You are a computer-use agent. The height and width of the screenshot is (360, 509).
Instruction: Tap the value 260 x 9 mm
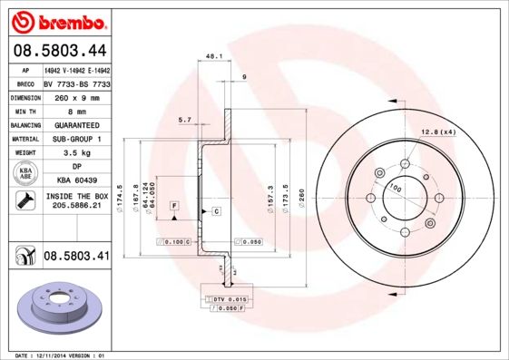(x=76, y=97)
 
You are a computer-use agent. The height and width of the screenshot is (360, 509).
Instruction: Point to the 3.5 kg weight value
(x=76, y=153)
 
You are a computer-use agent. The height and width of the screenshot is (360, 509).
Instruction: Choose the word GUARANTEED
(x=76, y=125)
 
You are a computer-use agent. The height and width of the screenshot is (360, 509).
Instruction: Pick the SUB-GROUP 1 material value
(x=76, y=139)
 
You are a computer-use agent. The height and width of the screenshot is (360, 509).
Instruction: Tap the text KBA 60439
(x=76, y=181)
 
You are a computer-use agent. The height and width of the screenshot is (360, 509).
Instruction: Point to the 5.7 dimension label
(x=184, y=120)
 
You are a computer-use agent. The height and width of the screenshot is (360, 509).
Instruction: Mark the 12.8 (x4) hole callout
(x=436, y=133)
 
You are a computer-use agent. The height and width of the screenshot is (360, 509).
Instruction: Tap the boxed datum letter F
(x=172, y=207)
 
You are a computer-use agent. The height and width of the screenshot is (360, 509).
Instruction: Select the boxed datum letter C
(x=217, y=211)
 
